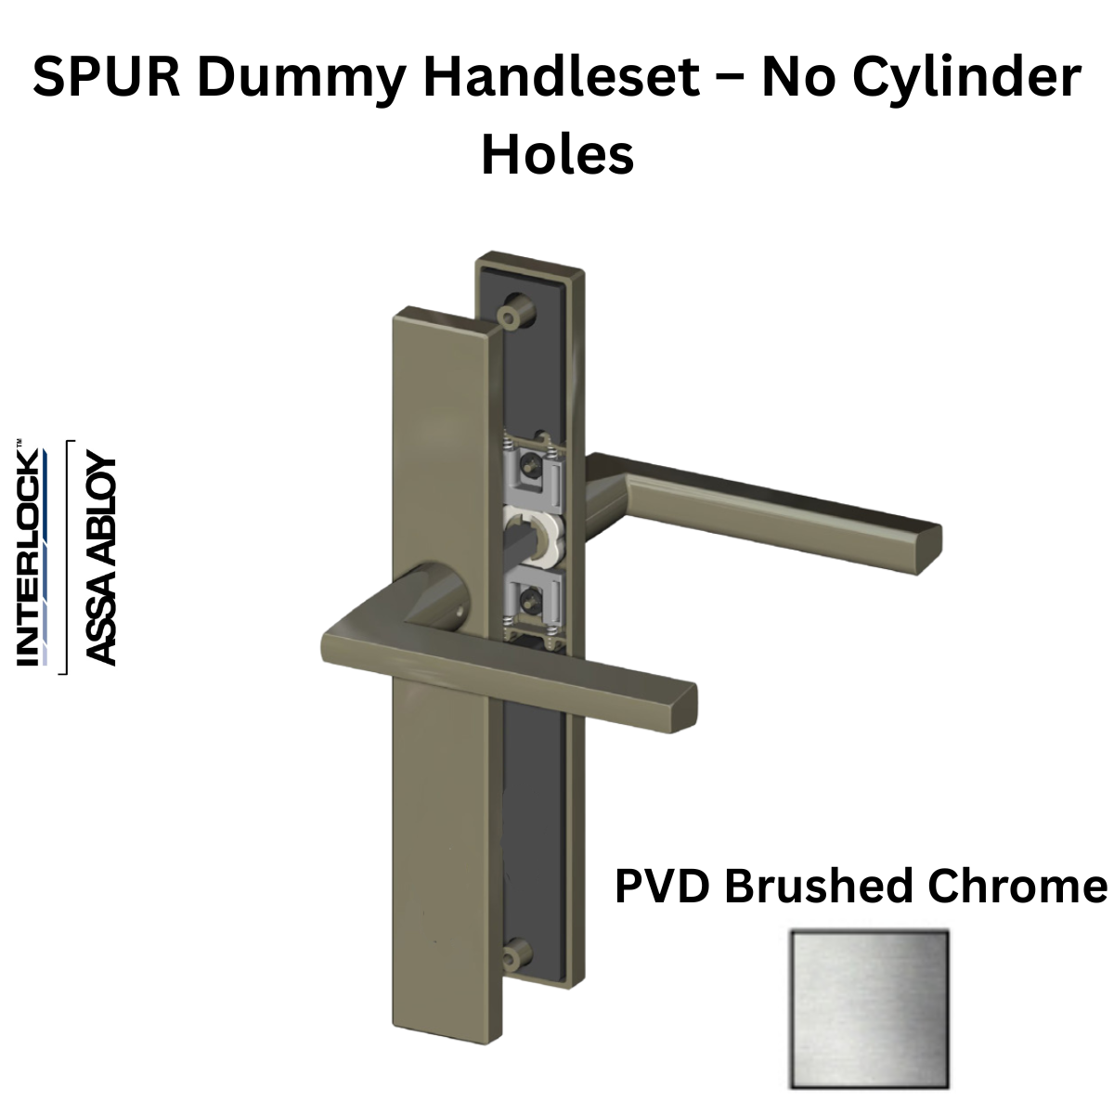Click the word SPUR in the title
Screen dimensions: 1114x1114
coord(107,77)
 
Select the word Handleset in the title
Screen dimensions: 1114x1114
coord(562,77)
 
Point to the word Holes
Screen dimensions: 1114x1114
coord(557,155)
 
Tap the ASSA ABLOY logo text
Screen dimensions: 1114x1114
coord(100,559)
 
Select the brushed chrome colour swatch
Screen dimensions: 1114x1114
coord(870,1009)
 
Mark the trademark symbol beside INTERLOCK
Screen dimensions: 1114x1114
coord(19,443)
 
